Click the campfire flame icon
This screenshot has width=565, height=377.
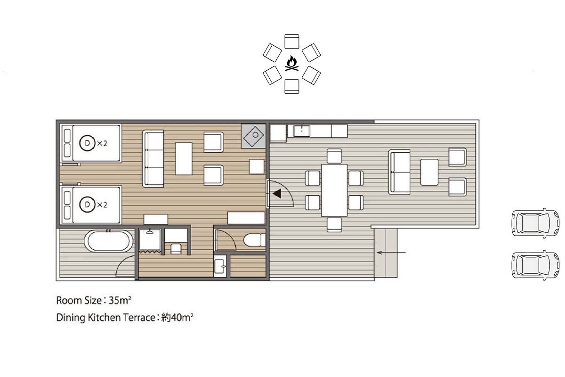292,63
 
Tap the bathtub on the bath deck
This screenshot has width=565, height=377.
108,241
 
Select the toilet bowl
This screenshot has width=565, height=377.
254,240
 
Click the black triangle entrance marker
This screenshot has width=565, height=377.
277,194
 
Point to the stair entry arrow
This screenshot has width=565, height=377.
391,252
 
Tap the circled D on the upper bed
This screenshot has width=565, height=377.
87,143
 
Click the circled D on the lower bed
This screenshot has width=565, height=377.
87,204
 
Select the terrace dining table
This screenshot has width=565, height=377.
334,190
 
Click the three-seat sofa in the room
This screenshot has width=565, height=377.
153,159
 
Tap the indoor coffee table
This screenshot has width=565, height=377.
184,159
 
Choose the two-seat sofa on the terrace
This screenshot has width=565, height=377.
399,172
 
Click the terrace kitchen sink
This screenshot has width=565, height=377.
301,131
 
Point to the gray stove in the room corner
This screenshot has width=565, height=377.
253,136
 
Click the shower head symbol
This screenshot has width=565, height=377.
150,231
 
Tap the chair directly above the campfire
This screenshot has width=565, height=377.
292,41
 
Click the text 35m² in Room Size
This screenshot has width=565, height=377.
120,301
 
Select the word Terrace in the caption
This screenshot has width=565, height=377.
139,318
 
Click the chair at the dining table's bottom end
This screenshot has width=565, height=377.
334,224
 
